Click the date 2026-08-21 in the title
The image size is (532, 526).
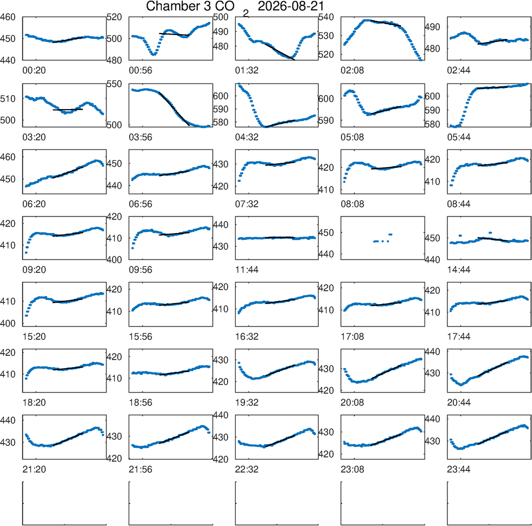[291, 6]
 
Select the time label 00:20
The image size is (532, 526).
[34, 71]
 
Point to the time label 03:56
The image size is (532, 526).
[140, 137]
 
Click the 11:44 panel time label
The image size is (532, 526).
[247, 270]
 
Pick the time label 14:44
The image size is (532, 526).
[459, 270]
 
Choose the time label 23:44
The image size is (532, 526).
[459, 470]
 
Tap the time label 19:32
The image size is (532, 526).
[247, 403]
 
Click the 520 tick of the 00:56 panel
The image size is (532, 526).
[114, 17]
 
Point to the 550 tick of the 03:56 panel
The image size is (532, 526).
[114, 84]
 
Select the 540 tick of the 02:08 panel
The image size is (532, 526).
[326, 17]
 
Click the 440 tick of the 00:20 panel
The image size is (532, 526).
[8, 61]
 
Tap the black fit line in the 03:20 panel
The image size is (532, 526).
[68, 110]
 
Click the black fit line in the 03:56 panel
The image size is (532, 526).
[174, 108]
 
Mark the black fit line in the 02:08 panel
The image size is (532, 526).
[386, 23]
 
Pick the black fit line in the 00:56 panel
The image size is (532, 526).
[174, 34]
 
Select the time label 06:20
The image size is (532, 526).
[34, 204]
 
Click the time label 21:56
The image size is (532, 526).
[140, 470]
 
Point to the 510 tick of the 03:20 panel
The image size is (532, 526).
[8, 99]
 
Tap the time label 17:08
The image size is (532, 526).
[352, 337]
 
